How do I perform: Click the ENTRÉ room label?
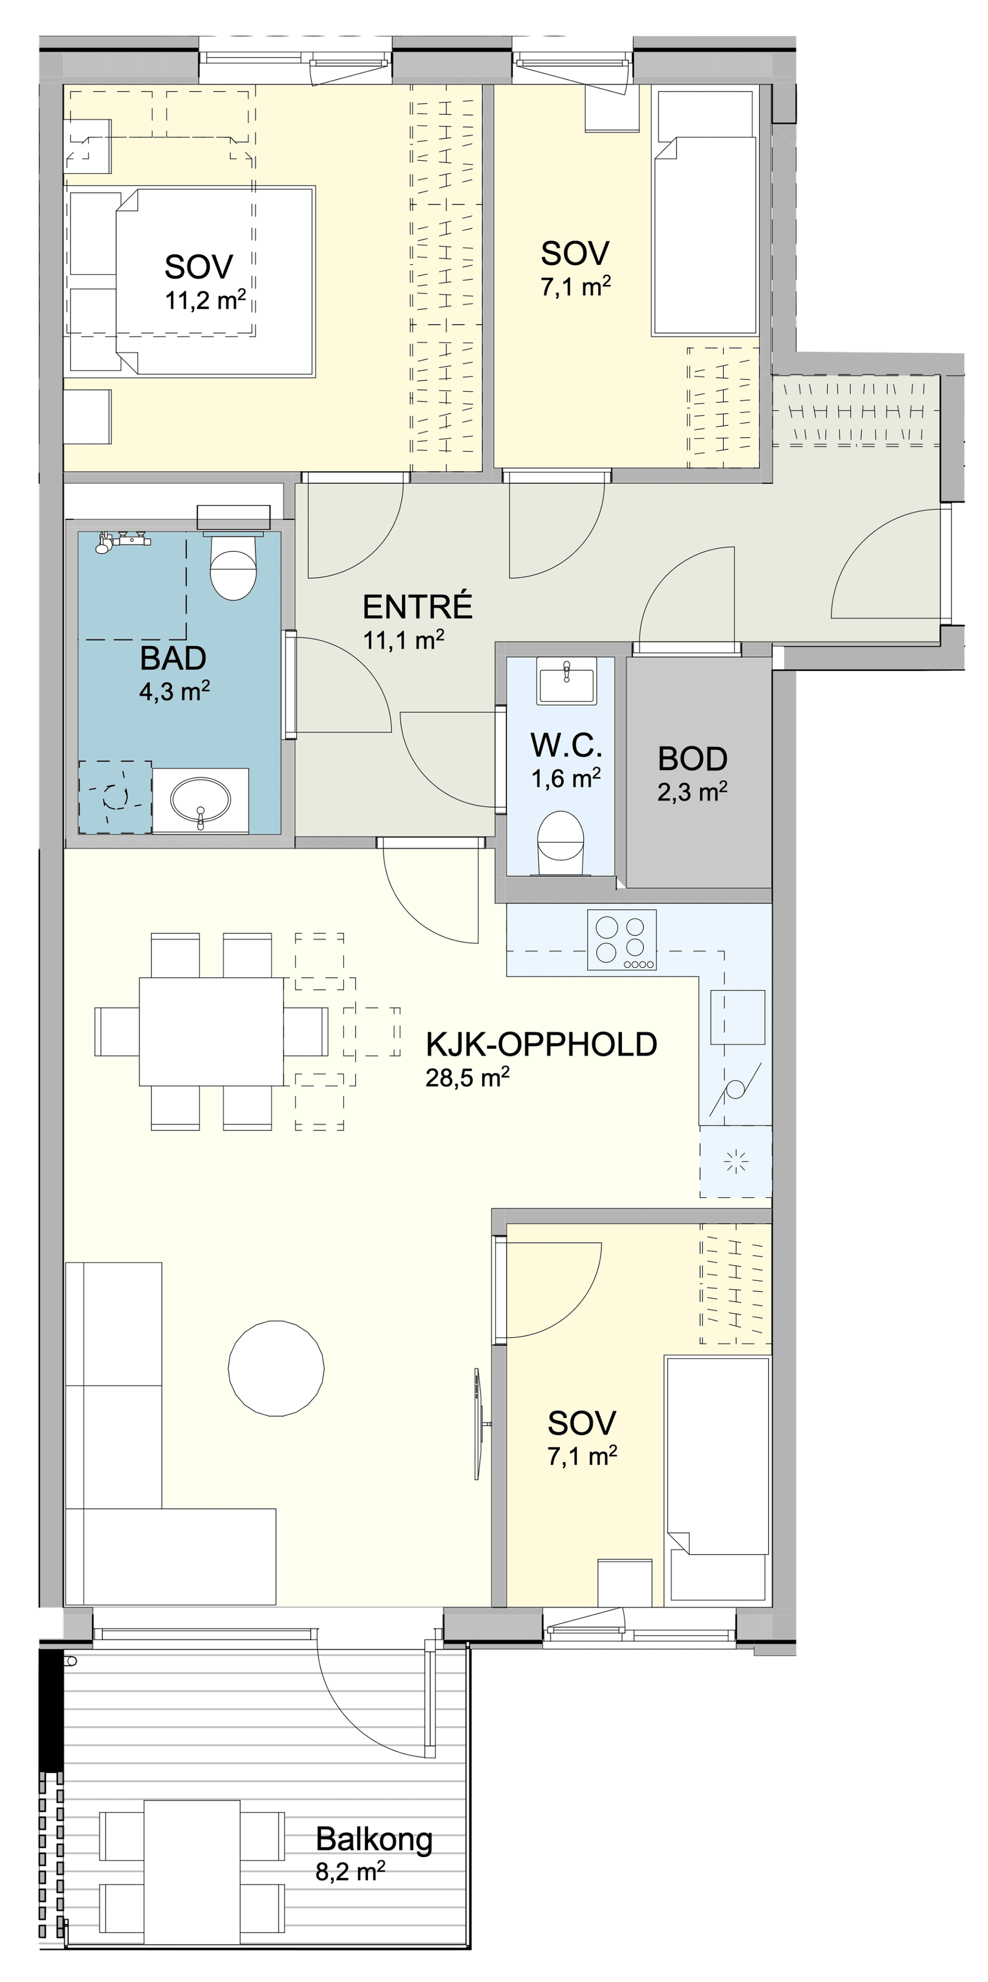(417, 607)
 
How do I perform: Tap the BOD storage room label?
(693, 759)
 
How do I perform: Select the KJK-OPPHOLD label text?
(541, 1044)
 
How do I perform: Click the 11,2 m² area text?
(205, 299)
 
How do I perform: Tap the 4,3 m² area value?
(174, 691)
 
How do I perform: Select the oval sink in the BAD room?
(200, 800)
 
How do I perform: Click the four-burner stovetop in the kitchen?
(622, 939)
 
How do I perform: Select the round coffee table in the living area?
(276, 1368)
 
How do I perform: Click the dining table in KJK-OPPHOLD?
(212, 1031)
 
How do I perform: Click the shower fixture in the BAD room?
(122, 541)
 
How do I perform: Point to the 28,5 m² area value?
(467, 1078)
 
